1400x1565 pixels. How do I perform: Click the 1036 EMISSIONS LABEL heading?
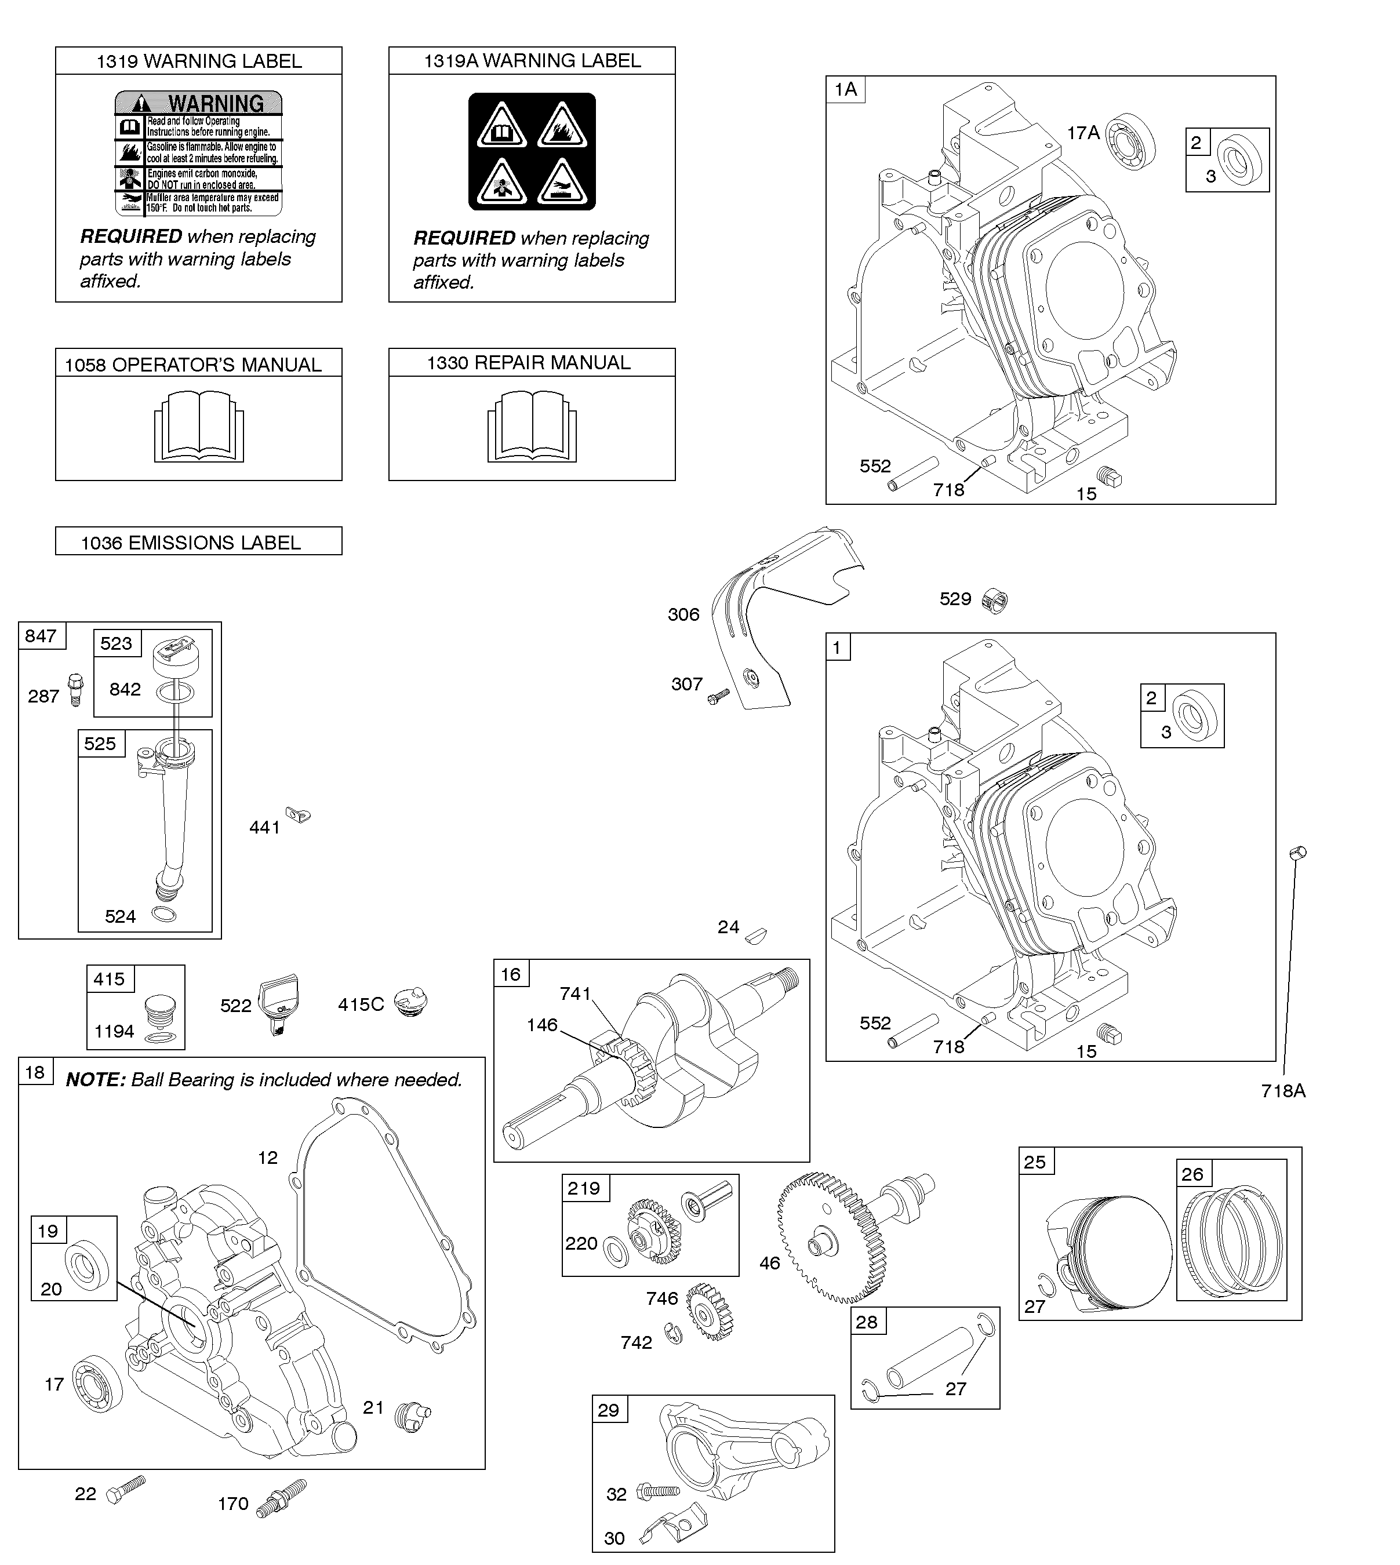coord(191,543)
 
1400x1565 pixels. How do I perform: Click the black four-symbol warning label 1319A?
coord(532,151)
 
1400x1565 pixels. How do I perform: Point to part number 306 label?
coord(683,614)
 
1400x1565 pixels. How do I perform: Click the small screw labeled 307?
coord(718,696)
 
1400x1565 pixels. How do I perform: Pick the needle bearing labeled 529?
coord(996,600)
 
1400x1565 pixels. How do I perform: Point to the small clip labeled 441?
coord(298,814)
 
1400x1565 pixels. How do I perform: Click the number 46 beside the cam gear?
coord(769,1263)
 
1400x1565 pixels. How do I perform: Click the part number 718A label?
coord(1283,1090)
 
